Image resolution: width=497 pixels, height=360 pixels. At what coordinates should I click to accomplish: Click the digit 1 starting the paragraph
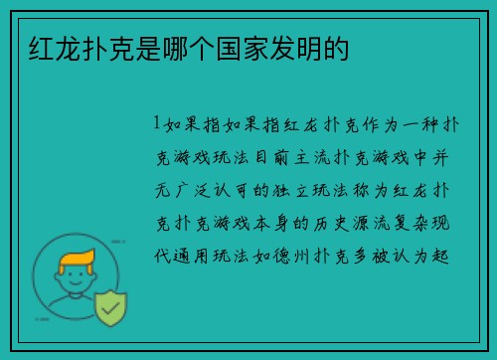(x=156, y=127)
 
